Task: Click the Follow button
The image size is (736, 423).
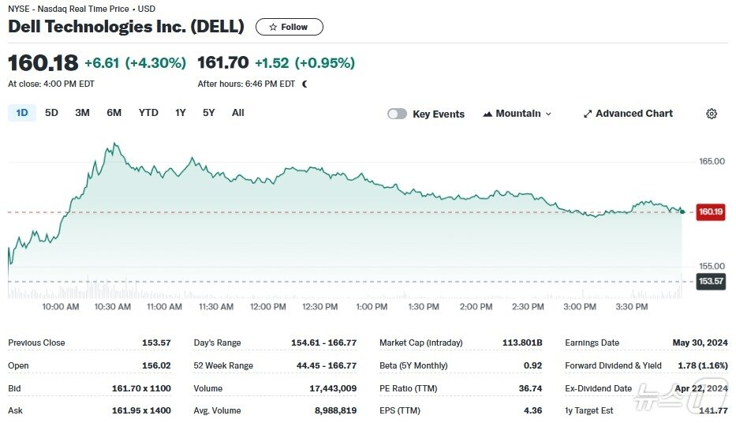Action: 290,27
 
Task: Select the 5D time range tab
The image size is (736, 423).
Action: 51,113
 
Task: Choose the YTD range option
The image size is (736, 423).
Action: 148,113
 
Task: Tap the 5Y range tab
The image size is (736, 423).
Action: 209,113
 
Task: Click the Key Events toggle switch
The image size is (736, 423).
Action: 397,114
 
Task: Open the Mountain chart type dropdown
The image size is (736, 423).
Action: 517,114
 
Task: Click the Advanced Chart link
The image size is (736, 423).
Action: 628,114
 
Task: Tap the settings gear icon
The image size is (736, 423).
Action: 712,114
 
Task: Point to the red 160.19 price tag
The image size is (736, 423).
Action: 711,211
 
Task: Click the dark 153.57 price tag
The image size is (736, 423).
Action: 711,281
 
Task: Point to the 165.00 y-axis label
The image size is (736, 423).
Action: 712,162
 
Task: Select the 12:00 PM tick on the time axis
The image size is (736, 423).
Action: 268,306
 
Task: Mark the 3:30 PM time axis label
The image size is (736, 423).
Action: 632,306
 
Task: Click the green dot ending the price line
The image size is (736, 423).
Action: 682,211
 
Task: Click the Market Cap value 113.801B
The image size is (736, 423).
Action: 522,343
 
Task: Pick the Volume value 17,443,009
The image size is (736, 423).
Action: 333,388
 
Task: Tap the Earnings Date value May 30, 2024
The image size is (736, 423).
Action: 700,343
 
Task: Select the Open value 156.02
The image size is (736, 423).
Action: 156,365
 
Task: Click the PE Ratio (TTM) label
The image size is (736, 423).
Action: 409,388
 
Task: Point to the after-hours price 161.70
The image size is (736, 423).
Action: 223,62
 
